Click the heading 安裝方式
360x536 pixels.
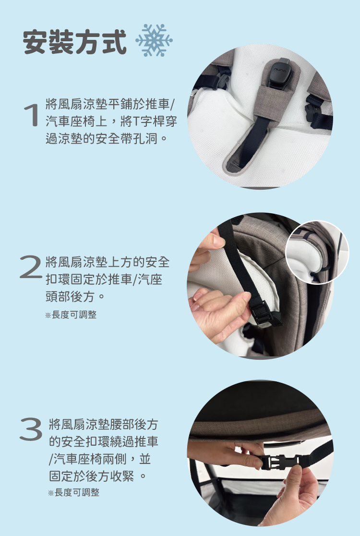pyautogui.click(x=75, y=42)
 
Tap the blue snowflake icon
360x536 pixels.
pyautogui.click(x=154, y=40)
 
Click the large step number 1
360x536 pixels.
pyautogui.click(x=31, y=115)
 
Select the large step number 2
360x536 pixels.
pyautogui.click(x=31, y=267)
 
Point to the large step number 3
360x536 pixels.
pyautogui.click(x=31, y=429)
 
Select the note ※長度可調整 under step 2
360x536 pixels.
pyautogui.click(x=71, y=315)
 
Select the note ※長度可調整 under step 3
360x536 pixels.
pyautogui.click(x=74, y=492)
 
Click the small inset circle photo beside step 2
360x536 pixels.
pyautogui.click(x=317, y=252)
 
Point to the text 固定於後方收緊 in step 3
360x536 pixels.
pyautogui.click(x=92, y=476)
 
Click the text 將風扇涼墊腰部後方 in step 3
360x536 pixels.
pyautogui.click(x=104, y=425)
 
